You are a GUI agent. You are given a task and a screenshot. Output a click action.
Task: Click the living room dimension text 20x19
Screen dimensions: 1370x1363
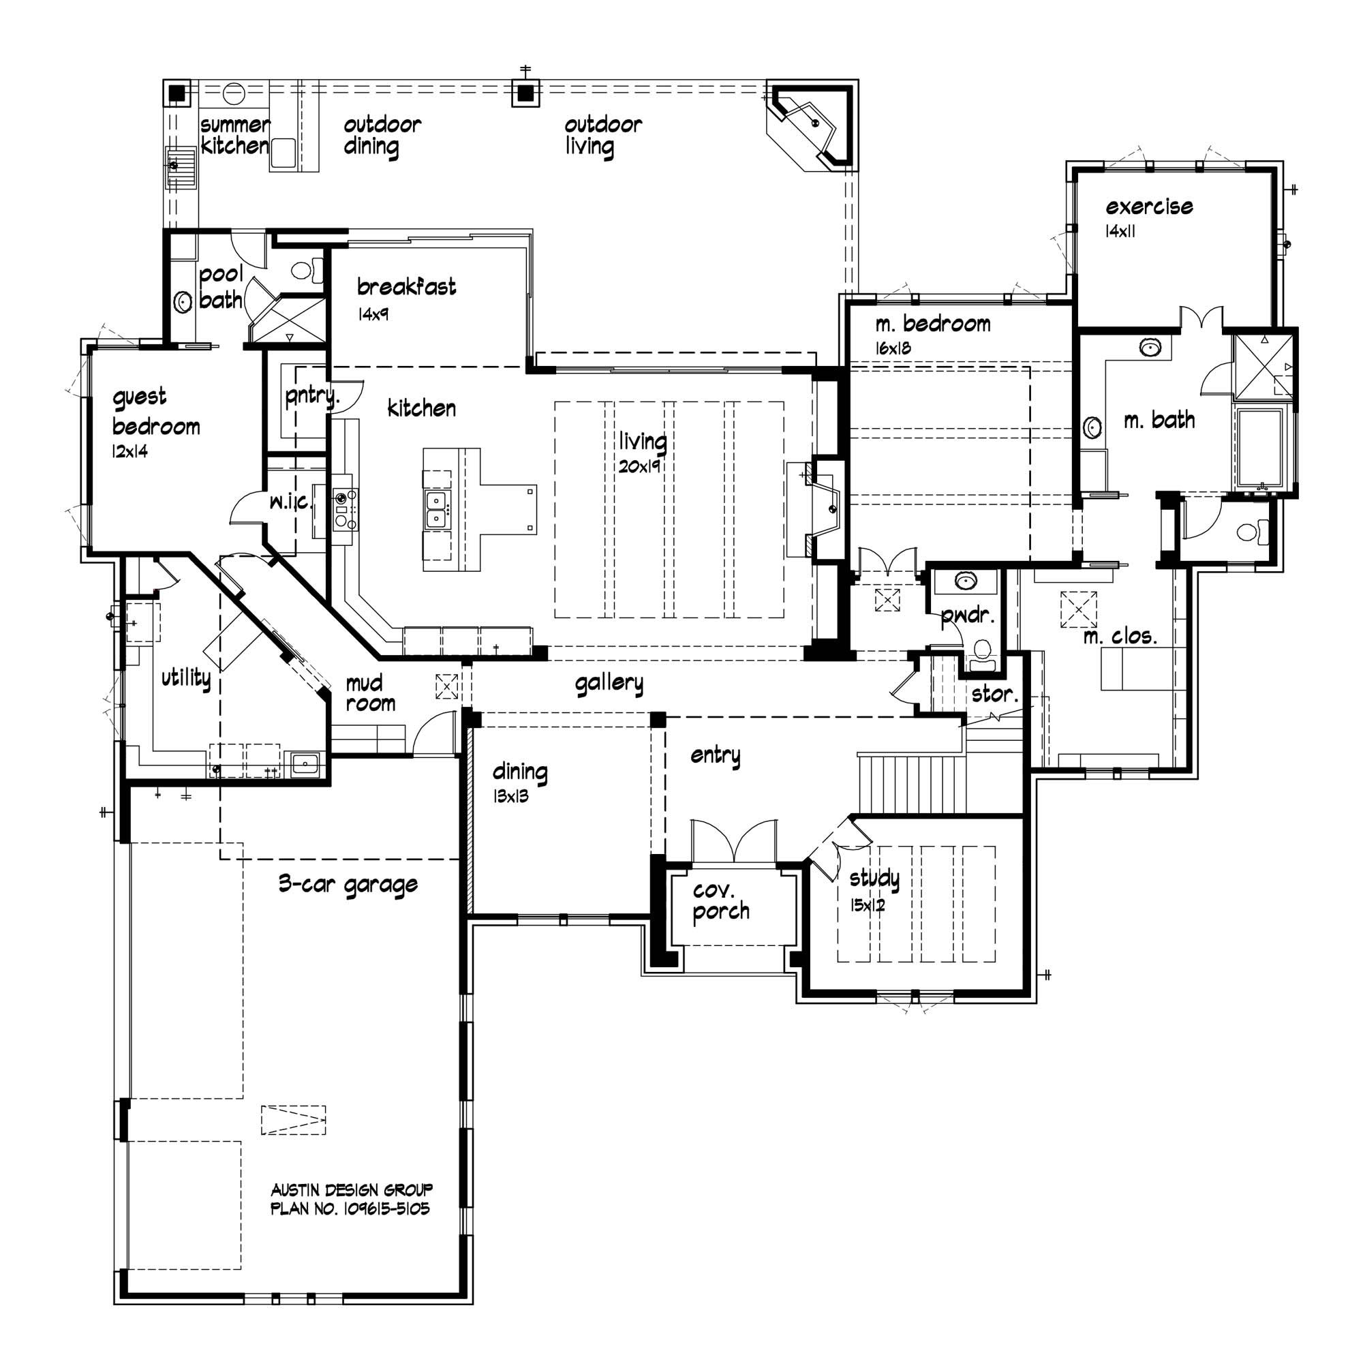coord(639,467)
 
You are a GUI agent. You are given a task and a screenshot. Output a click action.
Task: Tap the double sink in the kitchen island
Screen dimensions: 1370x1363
coord(435,508)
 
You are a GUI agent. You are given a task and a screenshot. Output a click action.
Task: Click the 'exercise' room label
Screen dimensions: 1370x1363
coord(1149,207)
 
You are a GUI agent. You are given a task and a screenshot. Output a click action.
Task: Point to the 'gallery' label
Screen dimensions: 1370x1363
coord(609,683)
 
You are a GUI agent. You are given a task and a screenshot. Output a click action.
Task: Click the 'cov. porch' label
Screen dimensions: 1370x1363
coord(720,900)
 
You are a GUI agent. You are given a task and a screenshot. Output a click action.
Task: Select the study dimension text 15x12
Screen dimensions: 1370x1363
coord(868,906)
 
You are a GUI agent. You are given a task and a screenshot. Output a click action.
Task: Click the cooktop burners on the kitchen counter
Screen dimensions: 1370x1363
coord(346,509)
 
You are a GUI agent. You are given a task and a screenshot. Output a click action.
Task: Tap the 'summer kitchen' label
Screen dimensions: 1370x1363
coord(234,136)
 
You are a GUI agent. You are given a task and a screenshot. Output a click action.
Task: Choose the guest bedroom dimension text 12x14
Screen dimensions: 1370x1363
coord(129,451)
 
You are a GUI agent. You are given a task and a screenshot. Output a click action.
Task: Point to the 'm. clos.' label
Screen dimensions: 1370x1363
coord(1120,636)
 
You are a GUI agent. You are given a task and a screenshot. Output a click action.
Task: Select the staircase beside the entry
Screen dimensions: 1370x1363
coord(911,785)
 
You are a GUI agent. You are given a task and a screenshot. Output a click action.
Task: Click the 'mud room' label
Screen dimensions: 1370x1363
coord(370,693)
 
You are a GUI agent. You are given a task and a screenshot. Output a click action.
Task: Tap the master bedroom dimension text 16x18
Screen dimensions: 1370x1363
coord(893,348)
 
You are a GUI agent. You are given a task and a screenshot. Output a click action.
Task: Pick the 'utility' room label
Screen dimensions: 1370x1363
coord(186,678)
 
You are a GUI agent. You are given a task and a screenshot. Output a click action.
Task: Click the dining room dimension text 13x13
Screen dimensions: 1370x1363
coord(510,796)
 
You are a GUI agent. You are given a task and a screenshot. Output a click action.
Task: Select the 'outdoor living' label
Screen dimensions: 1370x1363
coord(602,136)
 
